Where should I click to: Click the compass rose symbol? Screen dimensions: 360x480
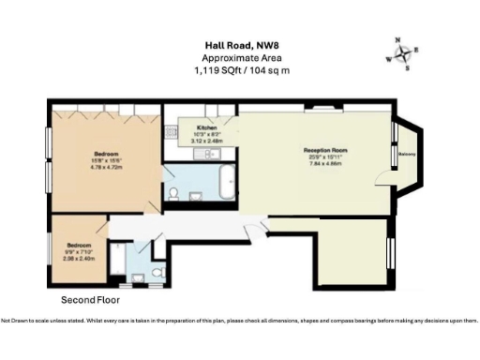coord(404,53)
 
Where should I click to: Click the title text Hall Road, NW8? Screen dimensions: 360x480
coord(240,43)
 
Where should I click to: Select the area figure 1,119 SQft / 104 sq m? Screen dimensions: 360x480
coord(240,70)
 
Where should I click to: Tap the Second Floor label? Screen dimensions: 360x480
coord(91,300)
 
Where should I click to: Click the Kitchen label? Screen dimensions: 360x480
coord(207,127)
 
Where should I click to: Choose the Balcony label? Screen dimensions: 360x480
coord(407,154)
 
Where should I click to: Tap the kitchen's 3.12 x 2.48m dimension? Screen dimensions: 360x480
coord(207,142)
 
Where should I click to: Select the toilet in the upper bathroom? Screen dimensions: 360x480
coord(174,194)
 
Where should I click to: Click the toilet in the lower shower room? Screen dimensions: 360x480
coord(157,271)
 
